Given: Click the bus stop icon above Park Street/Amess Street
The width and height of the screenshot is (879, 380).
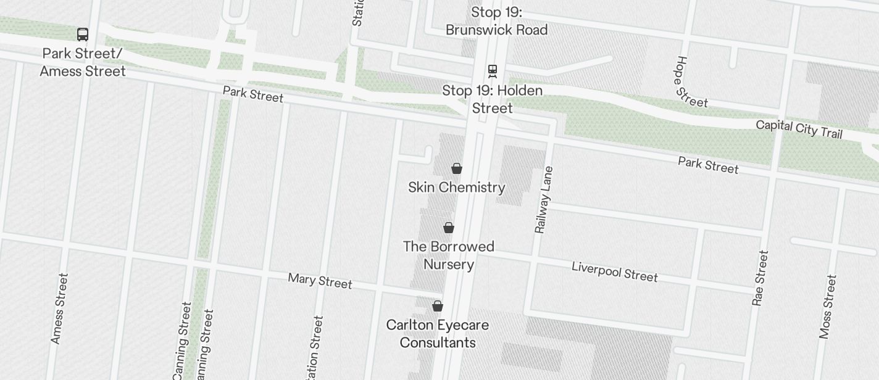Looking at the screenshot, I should pyautogui.click(x=83, y=35).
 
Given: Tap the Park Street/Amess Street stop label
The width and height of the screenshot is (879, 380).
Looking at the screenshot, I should pyautogui.click(x=83, y=62).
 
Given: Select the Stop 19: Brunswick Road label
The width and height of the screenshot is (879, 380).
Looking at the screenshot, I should pyautogui.click(x=496, y=21).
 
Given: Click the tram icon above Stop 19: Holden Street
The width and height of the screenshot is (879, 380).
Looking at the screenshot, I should pyautogui.click(x=493, y=71).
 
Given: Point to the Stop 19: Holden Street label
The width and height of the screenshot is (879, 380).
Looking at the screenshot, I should pyautogui.click(x=493, y=99).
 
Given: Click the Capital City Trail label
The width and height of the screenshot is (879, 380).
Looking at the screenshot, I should pyautogui.click(x=799, y=129).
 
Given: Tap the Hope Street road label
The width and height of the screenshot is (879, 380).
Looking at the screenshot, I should pyautogui.click(x=691, y=82).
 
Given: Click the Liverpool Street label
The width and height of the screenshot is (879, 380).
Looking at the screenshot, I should pyautogui.click(x=615, y=271).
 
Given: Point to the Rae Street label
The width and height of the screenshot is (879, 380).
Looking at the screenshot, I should pyautogui.click(x=760, y=278).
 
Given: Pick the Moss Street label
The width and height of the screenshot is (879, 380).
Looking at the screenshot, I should pyautogui.click(x=828, y=307).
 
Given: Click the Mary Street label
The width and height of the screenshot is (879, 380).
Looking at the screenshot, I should pyautogui.click(x=320, y=281).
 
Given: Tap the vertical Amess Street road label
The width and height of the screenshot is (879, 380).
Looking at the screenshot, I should pyautogui.click(x=59, y=308).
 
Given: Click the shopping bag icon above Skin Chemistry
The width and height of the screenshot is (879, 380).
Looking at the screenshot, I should pyautogui.click(x=457, y=168).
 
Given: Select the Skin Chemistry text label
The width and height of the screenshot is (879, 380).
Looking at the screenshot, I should pyautogui.click(x=457, y=188).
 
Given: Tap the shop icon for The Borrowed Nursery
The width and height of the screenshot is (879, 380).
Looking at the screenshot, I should pyautogui.click(x=449, y=228).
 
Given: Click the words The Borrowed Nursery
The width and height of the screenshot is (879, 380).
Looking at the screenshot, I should pyautogui.click(x=449, y=255).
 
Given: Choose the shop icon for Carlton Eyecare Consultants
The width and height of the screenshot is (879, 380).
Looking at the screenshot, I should pyautogui.click(x=438, y=306).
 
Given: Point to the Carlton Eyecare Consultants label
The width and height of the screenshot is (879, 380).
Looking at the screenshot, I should pyautogui.click(x=438, y=334).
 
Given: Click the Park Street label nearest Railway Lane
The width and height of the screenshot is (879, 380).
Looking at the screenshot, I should pyautogui.click(x=708, y=165).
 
